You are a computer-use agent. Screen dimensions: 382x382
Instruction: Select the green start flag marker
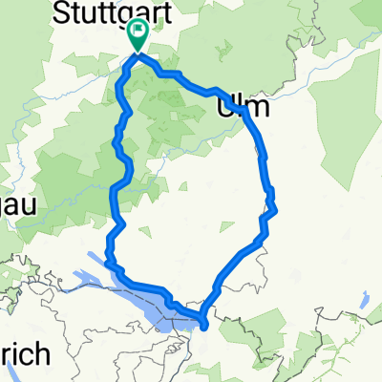[138, 36]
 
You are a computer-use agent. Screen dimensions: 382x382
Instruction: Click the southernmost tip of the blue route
[204, 334]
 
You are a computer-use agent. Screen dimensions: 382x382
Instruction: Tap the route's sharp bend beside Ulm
[245, 111]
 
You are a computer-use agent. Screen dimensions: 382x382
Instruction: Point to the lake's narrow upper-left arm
[103, 259]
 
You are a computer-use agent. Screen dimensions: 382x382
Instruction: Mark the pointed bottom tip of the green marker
[138, 52]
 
